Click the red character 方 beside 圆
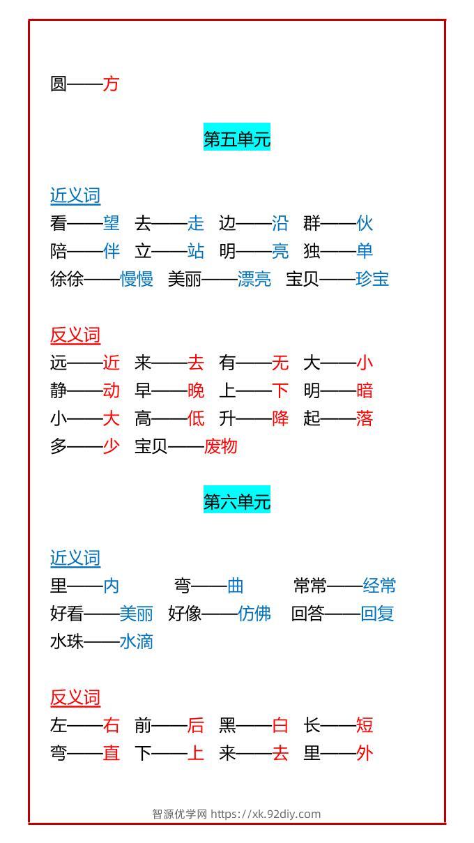(x=112, y=84)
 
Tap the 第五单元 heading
(x=237, y=139)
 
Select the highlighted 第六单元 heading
(x=237, y=501)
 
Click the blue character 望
(x=112, y=223)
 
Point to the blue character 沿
(x=280, y=223)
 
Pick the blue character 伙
(x=365, y=223)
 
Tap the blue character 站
(x=196, y=250)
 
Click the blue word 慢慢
(x=137, y=279)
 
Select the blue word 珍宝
(x=372, y=279)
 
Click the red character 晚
(x=196, y=390)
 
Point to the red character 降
(x=280, y=418)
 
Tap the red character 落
(x=365, y=418)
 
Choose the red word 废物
(x=221, y=446)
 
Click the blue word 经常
(x=379, y=586)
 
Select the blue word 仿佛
(x=254, y=614)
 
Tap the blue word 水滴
(x=137, y=641)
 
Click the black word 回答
(x=307, y=614)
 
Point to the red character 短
(x=365, y=725)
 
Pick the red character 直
(x=112, y=753)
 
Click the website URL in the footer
(x=266, y=814)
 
